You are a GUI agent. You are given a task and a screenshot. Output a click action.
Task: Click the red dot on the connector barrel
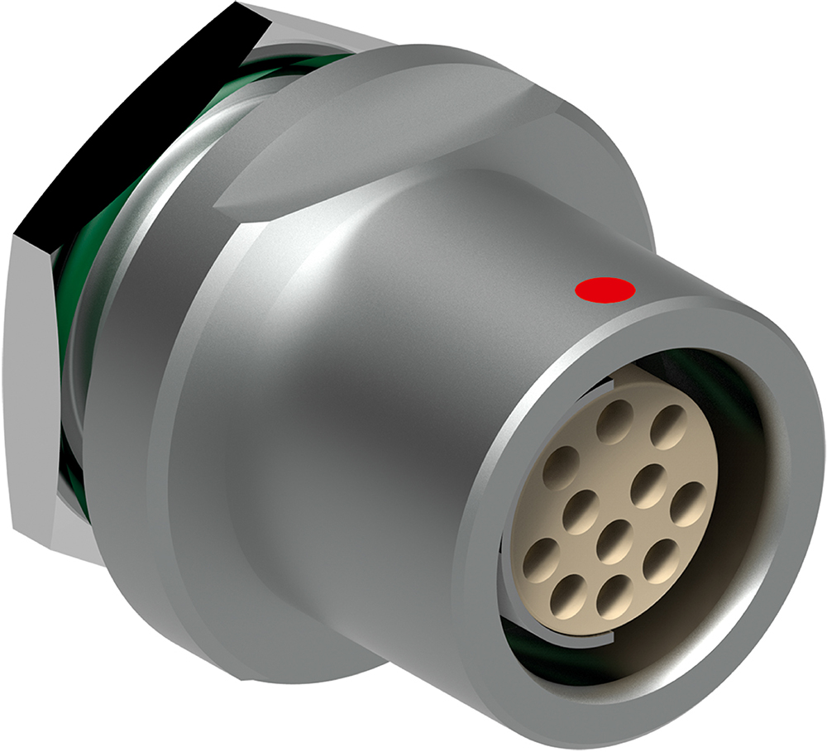pyautogui.click(x=605, y=290)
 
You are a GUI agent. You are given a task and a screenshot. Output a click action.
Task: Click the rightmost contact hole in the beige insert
pyautogui.click(x=688, y=504)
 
